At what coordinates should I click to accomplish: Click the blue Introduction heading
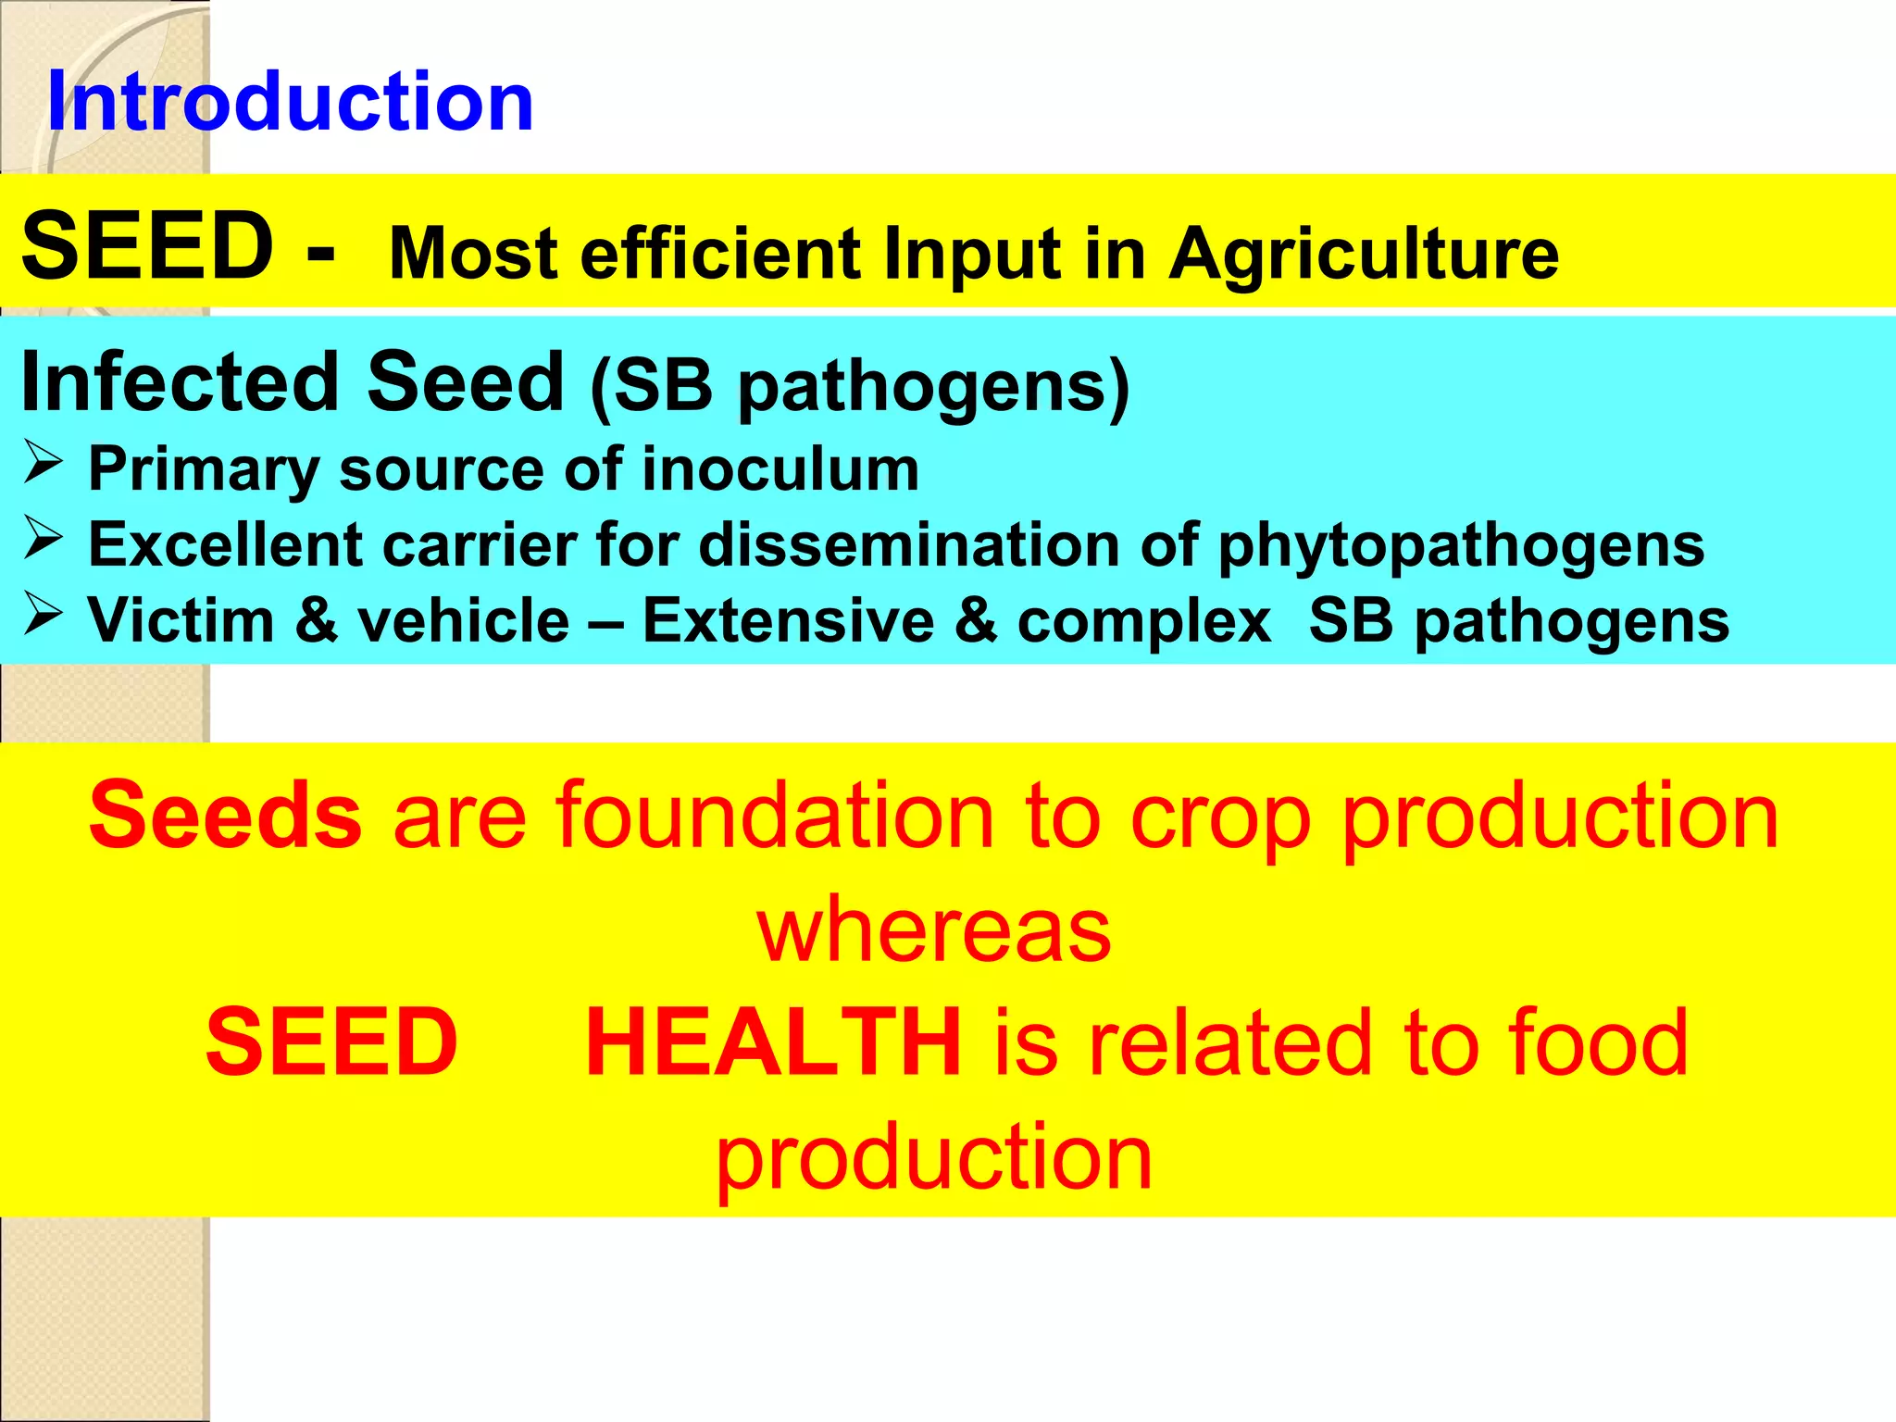pos(290,102)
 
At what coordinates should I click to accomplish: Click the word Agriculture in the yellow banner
pos(1364,254)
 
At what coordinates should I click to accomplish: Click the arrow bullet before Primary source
pos(43,462)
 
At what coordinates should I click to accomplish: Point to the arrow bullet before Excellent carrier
pos(43,538)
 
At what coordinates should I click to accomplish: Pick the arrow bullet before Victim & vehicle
pos(43,613)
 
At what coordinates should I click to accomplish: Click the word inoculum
pos(780,468)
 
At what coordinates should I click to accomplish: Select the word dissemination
pos(908,544)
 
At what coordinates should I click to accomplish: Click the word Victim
pos(181,620)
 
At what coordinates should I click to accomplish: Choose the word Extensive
pos(789,620)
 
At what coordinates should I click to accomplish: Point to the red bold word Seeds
pos(225,816)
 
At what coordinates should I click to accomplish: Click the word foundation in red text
pos(774,816)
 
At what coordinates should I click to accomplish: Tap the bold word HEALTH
pos(774,1043)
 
